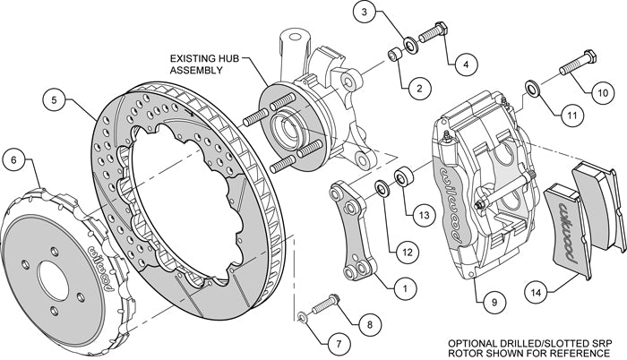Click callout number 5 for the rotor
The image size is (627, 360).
56,100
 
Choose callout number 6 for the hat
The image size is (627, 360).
13,161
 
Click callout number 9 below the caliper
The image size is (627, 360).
488,302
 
